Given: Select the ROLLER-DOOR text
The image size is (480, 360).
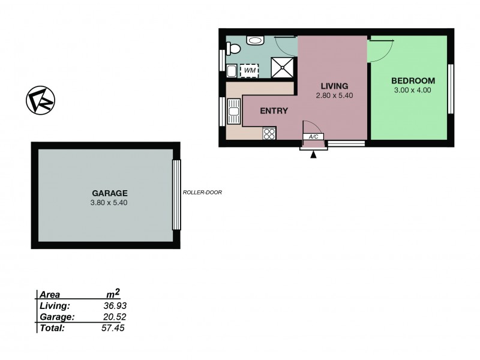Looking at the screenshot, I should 202,193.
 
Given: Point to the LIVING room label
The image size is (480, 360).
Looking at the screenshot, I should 334,86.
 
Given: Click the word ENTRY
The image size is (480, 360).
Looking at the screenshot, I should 274,110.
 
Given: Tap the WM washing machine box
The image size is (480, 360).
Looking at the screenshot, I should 248,71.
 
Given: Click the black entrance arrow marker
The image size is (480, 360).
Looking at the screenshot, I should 313,155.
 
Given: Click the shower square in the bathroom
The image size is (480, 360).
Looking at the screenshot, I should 283,67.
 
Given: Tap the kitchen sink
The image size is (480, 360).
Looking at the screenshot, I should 235,112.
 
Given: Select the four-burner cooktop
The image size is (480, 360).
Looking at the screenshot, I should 269,134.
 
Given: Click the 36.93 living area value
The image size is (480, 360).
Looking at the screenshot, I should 115,306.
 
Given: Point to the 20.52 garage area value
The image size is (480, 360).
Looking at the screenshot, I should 115,317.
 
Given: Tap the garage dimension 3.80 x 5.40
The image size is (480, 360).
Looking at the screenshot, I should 109,203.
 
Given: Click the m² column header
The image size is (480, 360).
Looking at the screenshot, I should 113,293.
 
